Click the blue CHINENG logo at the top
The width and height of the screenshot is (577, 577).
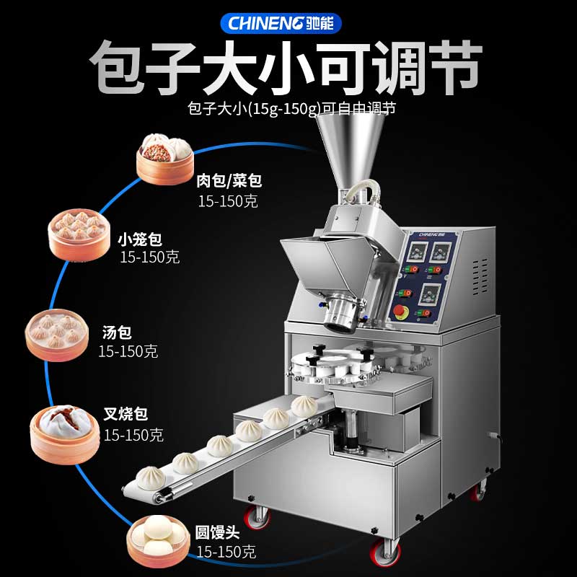click(281, 23)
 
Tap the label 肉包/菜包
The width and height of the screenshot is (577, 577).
click(229, 181)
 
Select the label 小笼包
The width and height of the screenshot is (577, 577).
click(140, 239)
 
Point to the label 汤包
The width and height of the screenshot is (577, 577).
click(117, 332)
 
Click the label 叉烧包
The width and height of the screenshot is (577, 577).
click(125, 414)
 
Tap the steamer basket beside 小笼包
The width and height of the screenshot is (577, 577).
click(79, 235)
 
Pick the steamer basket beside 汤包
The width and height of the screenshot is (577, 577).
click(57, 335)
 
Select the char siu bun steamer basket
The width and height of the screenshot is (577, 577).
click(65, 435)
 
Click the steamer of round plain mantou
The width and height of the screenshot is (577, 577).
click(158, 541)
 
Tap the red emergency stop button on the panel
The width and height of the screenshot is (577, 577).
click(400, 312)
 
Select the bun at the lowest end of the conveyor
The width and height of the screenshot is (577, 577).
click(151, 478)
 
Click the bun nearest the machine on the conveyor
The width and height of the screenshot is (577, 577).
click(304, 406)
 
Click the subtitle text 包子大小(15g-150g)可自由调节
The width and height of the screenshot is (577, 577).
click(291, 109)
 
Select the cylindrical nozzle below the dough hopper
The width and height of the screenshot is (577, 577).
click(341, 314)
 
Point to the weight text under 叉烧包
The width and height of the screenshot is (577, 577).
click(133, 435)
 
